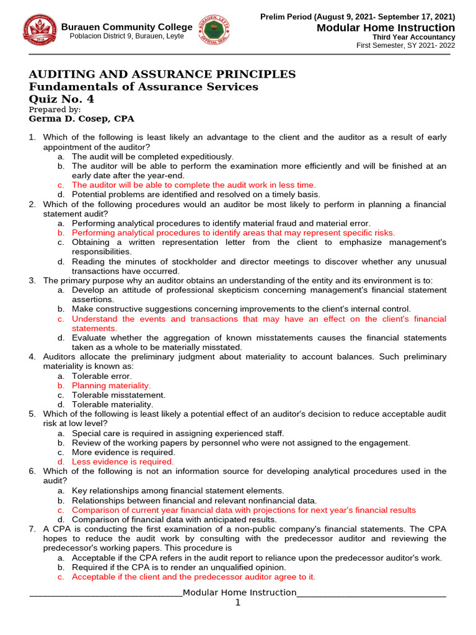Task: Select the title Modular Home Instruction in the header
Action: pos(386,28)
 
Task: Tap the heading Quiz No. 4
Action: pos(62,99)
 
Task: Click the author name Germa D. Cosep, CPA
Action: pos(81,118)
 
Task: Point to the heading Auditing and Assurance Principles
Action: pos(162,74)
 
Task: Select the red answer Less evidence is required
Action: pos(123,461)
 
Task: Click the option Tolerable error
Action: pos(102,376)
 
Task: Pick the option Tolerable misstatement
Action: pos(118,394)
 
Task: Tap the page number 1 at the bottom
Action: pos(237,603)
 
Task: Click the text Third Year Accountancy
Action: pos(413,37)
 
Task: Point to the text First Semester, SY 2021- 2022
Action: pos(405,46)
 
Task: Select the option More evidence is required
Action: pos(123,452)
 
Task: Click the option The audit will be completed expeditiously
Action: pos(152,156)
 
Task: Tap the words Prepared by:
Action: pos(55,109)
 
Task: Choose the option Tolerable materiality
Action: pos(112,404)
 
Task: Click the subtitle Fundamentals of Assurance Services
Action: pos(144,87)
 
